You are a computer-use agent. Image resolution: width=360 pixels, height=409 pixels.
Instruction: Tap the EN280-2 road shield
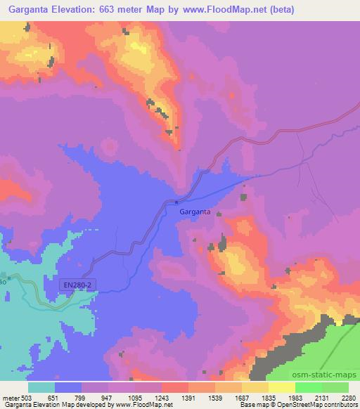click(78, 284)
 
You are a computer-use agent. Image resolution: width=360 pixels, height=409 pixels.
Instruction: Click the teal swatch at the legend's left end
click(42, 387)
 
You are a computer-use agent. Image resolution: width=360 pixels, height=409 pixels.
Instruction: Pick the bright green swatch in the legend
click(309, 387)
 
